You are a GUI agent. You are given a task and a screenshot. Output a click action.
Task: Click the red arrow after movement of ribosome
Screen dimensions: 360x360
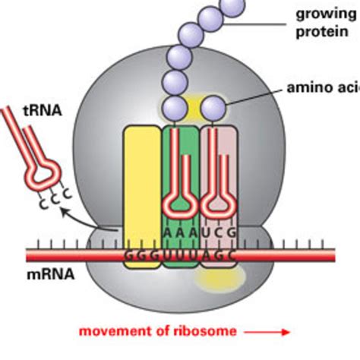[277, 332]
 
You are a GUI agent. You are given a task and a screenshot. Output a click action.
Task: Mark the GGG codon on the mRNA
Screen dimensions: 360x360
[141, 257]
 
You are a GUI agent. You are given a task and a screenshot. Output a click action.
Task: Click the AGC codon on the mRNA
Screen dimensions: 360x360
[219, 257]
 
